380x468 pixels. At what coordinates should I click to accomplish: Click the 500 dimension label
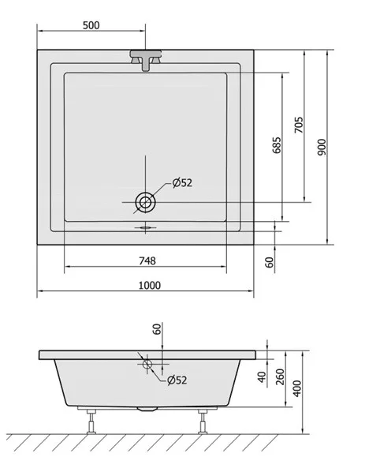point(91,25)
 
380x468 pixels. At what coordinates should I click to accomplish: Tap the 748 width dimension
point(147,261)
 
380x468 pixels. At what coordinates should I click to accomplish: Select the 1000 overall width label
point(150,286)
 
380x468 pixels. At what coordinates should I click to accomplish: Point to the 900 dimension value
point(322,147)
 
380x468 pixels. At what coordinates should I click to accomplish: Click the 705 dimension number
point(299,125)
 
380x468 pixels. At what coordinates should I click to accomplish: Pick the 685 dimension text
point(277,145)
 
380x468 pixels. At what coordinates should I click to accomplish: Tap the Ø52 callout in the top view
point(182,182)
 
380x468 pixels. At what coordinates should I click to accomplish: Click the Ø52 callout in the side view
point(177,380)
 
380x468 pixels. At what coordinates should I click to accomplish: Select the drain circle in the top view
point(146,202)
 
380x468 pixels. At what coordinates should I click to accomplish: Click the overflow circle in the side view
point(147,364)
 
